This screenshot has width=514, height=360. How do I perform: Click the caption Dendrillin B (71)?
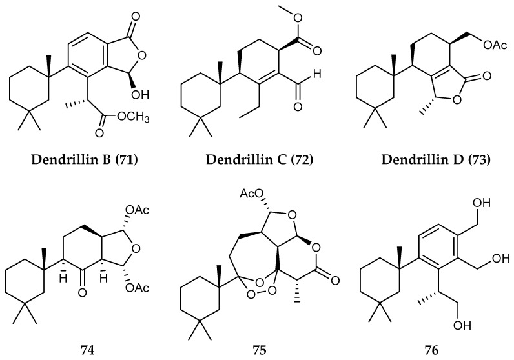[84, 159]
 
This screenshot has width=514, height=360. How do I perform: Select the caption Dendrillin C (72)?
[260, 159]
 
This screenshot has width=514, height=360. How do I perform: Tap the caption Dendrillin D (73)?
[436, 159]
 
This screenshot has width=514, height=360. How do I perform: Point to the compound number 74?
[88, 350]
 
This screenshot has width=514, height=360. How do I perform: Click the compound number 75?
[260, 350]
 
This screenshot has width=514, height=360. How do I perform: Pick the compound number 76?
[431, 350]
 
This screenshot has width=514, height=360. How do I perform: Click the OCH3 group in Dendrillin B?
[132, 117]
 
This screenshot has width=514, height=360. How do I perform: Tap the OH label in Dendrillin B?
[140, 95]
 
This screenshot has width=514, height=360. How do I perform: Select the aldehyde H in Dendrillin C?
[316, 74]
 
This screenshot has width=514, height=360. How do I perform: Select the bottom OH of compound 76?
[462, 326]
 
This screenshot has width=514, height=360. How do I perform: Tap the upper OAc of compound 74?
[137, 209]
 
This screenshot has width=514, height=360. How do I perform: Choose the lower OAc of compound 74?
[137, 288]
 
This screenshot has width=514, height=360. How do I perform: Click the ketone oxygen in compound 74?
[82, 292]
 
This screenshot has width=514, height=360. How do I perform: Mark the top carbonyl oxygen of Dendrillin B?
[136, 16]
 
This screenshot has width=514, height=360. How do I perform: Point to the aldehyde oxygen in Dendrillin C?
[298, 106]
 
